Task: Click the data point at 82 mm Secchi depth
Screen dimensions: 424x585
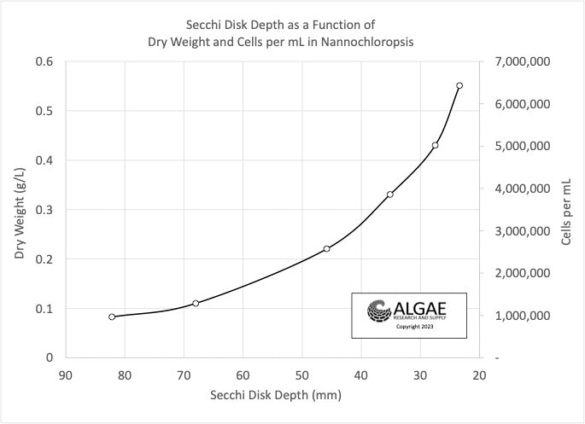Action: click(112, 317)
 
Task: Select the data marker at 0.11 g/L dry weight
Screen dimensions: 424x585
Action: click(196, 303)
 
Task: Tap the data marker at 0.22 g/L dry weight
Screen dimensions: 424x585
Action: click(327, 248)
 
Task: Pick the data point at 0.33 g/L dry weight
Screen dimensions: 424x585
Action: click(390, 195)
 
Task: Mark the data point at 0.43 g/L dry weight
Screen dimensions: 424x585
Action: click(435, 145)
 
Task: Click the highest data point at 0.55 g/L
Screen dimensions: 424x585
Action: click(459, 85)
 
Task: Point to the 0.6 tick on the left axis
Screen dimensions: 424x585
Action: click(45, 61)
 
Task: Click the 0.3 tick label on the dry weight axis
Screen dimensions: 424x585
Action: click(45, 209)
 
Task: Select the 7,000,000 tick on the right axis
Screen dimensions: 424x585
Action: click(519, 61)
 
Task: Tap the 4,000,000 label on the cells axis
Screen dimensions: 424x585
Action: click(519, 189)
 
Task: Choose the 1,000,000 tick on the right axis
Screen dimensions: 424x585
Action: click(519, 316)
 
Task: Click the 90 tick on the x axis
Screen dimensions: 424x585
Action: click(66, 375)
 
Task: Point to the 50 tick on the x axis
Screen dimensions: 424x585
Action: click(301, 375)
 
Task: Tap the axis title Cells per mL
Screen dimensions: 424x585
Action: click(566, 209)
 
